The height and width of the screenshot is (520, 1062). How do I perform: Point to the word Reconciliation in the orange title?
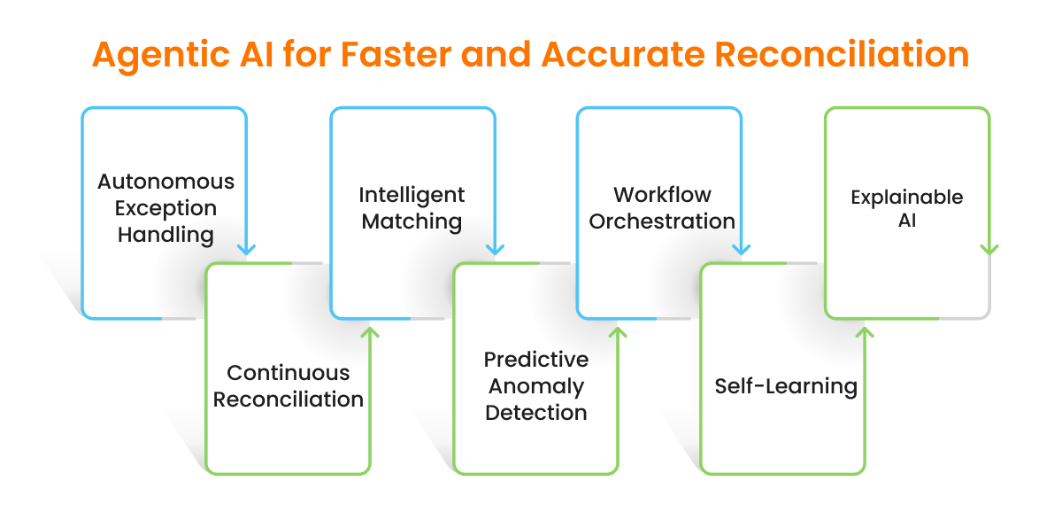coord(843,55)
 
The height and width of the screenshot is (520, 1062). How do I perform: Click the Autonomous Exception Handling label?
coord(165,208)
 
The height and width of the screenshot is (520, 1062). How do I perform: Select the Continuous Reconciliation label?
coord(289,386)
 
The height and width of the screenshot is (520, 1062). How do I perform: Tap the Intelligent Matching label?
coord(412,208)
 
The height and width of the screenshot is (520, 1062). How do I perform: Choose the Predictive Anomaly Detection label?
coord(535,386)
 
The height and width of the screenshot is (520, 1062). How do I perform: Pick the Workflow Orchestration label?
coord(662,208)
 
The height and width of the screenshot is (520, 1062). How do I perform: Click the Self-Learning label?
coord(786,387)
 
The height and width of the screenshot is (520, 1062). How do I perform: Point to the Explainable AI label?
coord(906,208)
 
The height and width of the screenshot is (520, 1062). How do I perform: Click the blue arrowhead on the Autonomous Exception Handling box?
coord(247,249)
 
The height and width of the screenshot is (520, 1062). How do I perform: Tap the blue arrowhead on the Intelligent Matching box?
coord(495,249)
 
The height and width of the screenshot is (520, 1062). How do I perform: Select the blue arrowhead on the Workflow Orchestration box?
coord(742,249)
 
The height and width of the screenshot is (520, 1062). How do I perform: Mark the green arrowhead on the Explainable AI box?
coord(989,249)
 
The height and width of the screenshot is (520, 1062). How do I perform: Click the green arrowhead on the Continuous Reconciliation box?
coord(371,332)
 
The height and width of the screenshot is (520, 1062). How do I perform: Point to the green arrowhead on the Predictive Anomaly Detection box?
coord(618,332)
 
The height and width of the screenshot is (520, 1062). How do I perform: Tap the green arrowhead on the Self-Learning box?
coord(865,332)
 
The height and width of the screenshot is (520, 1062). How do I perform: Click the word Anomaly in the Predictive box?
coord(535,386)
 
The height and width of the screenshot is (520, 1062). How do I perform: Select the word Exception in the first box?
coord(165,208)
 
